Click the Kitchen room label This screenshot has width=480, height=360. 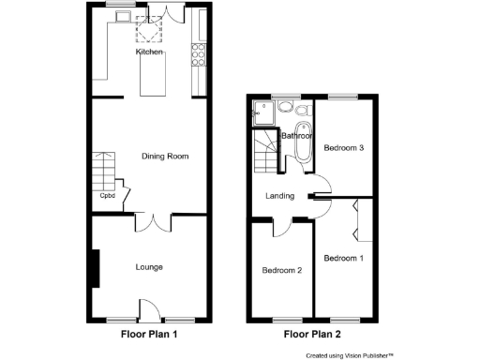(x=149, y=52)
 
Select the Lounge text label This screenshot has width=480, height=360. (x=148, y=267)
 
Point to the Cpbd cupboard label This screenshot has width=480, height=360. (x=108, y=196)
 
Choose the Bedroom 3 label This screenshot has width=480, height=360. (x=343, y=148)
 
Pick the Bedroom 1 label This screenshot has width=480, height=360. (x=342, y=258)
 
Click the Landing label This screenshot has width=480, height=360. (x=280, y=196)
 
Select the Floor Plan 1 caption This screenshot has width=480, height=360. (x=149, y=333)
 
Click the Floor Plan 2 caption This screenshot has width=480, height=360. (x=313, y=333)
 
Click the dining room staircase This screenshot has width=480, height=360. (x=102, y=172)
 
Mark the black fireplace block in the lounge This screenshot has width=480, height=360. (x=95, y=268)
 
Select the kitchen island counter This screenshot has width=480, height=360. (x=152, y=76)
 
